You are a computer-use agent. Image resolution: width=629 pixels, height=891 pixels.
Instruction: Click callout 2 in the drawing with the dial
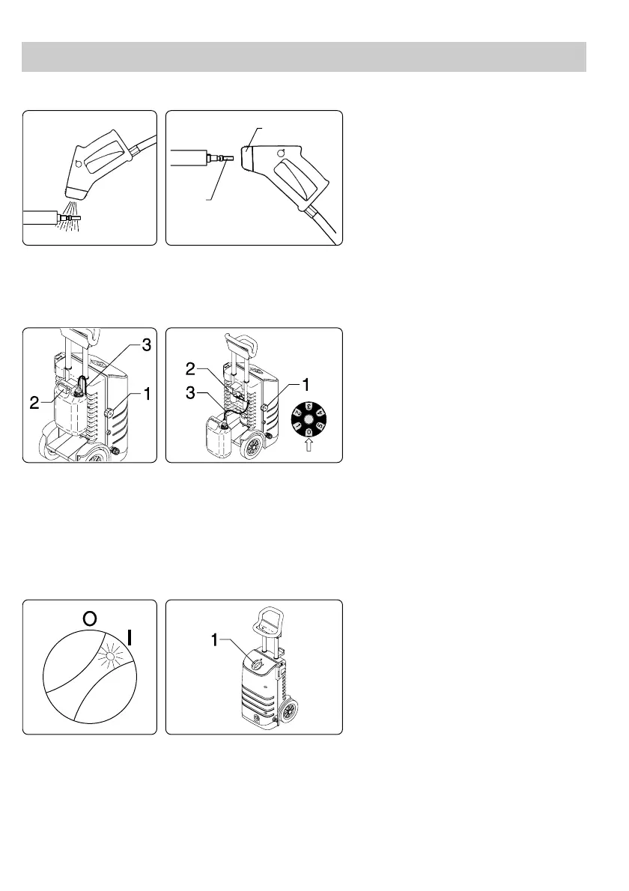point(190,368)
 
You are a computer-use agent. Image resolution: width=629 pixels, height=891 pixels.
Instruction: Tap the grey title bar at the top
point(303,57)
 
